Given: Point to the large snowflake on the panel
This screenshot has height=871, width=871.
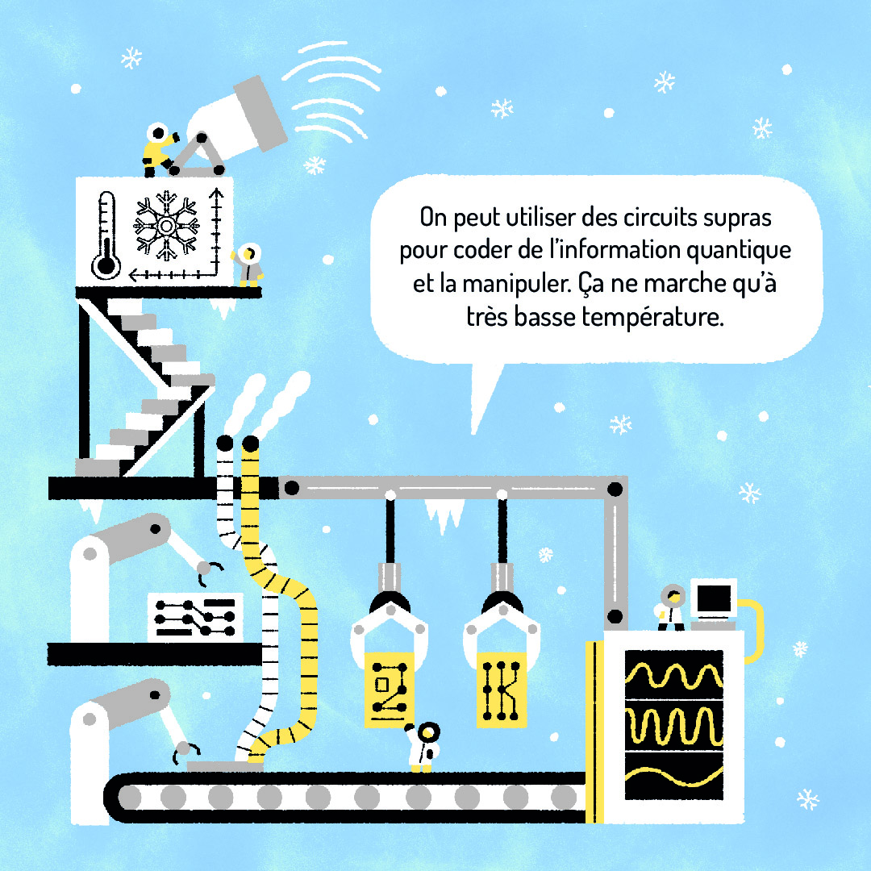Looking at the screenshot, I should tap(166, 225).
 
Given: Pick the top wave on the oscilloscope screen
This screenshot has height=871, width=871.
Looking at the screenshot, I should tap(674, 675).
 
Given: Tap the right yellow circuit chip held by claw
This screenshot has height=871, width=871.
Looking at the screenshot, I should tap(501, 690).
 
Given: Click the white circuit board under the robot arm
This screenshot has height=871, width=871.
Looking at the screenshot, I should tap(195, 617).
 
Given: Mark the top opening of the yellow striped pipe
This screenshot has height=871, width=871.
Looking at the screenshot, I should tap(250, 444).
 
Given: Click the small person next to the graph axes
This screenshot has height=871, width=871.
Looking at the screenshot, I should tap(249, 265).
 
